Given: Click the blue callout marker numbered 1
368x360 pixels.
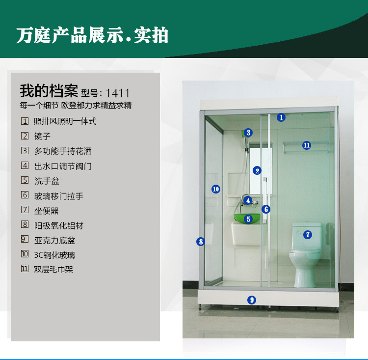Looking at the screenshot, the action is coord(281,117).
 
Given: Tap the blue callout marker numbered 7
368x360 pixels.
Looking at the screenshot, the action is coord(308,235).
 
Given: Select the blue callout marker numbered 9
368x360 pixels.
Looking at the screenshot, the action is coord(252,300).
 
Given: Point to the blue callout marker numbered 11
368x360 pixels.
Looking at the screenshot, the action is coord(307,145).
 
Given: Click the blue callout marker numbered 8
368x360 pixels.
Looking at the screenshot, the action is coord(201,241).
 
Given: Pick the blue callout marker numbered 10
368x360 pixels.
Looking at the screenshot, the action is coord(216,189).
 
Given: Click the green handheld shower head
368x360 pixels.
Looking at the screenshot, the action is coord(243,134).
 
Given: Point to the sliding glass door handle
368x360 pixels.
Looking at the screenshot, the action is coord(265,200).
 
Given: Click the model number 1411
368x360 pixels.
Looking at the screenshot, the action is coord(118,93).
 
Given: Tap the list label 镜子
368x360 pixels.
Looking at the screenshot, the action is coord(42,137).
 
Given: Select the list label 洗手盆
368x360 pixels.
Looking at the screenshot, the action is coord(47,181).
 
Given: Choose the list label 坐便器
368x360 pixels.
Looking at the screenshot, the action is coord(46,211).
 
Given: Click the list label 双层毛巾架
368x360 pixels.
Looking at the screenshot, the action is coord(53,269).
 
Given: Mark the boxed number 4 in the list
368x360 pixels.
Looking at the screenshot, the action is coord(25,166).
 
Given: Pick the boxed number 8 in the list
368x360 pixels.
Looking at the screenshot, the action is coord(25,224).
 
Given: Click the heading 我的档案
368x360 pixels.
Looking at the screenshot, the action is coord(49,91).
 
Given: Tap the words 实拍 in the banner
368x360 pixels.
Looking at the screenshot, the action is coord(151,35).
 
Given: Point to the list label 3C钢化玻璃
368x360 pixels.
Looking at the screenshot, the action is coord(54,255).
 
